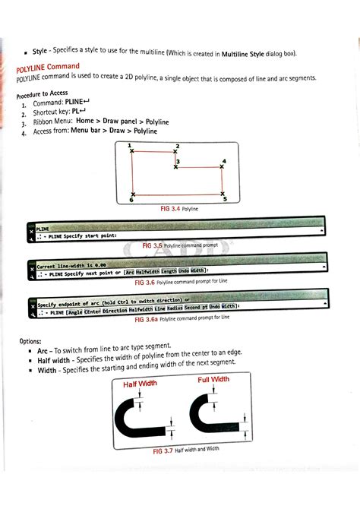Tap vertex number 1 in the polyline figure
[132, 151]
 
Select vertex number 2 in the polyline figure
[175, 152]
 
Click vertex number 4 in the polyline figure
[222, 169]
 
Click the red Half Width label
[140, 384]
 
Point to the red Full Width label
[213, 379]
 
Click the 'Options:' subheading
[31, 341]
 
